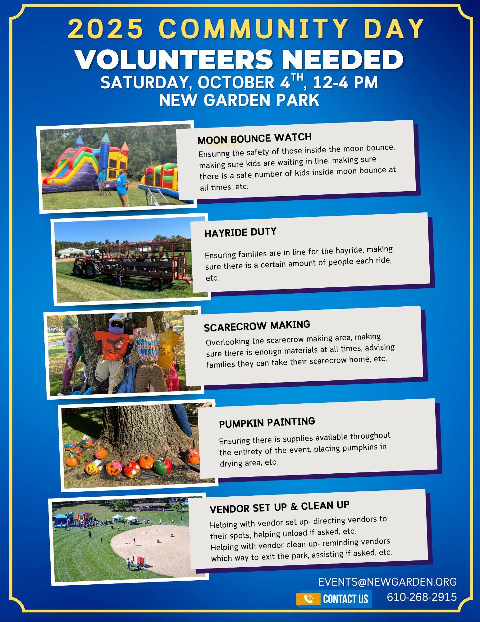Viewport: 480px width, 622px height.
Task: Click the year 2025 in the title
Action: point(105,29)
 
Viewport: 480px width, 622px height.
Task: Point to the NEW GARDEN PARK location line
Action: point(239,100)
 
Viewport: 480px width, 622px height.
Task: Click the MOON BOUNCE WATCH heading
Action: point(255,138)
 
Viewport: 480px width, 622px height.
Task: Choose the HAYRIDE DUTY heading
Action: point(240,232)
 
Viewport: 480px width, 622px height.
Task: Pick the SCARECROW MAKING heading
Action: point(257,326)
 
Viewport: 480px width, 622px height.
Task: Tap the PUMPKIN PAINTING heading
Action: point(267,422)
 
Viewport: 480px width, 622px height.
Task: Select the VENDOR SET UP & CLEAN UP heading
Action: point(280,507)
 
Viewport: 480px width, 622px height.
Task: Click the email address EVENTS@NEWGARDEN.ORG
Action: point(387,582)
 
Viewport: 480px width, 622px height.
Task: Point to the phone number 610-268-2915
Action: point(422,597)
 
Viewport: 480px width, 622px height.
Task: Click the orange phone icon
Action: point(308,598)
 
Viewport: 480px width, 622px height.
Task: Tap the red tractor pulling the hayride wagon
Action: point(87,265)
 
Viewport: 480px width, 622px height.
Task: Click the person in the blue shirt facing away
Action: point(122,188)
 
